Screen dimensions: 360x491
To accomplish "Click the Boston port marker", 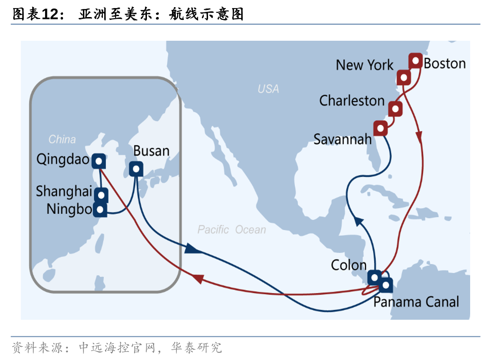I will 416,61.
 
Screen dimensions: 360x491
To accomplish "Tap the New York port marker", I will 403,77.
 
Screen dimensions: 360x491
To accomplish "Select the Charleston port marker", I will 395,109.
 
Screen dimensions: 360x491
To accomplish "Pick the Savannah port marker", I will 380,128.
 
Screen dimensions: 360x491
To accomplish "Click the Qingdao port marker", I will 99,162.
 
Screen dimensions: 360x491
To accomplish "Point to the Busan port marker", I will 136,168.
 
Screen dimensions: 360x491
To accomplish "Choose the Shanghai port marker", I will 101,194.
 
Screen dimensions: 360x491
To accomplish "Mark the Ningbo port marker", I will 100,209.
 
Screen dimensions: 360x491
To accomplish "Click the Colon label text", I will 348,265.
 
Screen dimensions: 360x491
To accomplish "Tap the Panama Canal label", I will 416,302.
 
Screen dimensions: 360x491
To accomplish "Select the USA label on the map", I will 268,89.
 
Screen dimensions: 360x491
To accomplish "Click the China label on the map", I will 62,139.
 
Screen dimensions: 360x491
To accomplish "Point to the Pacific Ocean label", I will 232,230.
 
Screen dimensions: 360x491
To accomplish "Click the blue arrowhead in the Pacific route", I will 190,249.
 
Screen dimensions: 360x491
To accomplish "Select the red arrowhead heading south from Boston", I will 419,136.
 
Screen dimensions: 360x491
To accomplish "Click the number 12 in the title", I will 49,15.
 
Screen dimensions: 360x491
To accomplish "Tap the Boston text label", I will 445,63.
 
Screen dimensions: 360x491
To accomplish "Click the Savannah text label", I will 342,139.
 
